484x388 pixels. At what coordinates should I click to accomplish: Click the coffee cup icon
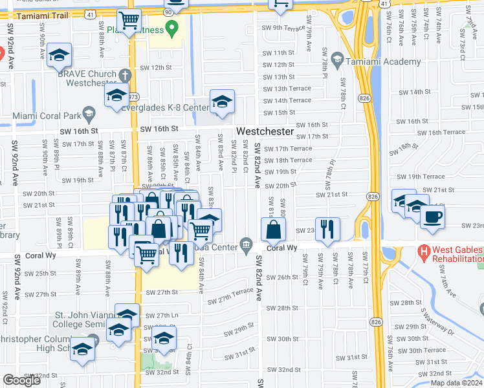point(432,217)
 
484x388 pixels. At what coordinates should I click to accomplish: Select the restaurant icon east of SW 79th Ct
point(327,228)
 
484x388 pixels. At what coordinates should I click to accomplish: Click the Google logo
point(21,380)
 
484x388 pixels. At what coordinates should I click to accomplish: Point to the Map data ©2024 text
point(457,383)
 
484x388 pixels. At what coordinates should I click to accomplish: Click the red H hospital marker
point(424,250)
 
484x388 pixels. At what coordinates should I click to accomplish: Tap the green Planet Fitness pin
point(171,27)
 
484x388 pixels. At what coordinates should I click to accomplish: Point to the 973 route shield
point(134,96)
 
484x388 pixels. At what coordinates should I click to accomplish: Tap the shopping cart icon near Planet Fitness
point(129,21)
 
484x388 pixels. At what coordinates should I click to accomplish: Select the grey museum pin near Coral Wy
point(246,244)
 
